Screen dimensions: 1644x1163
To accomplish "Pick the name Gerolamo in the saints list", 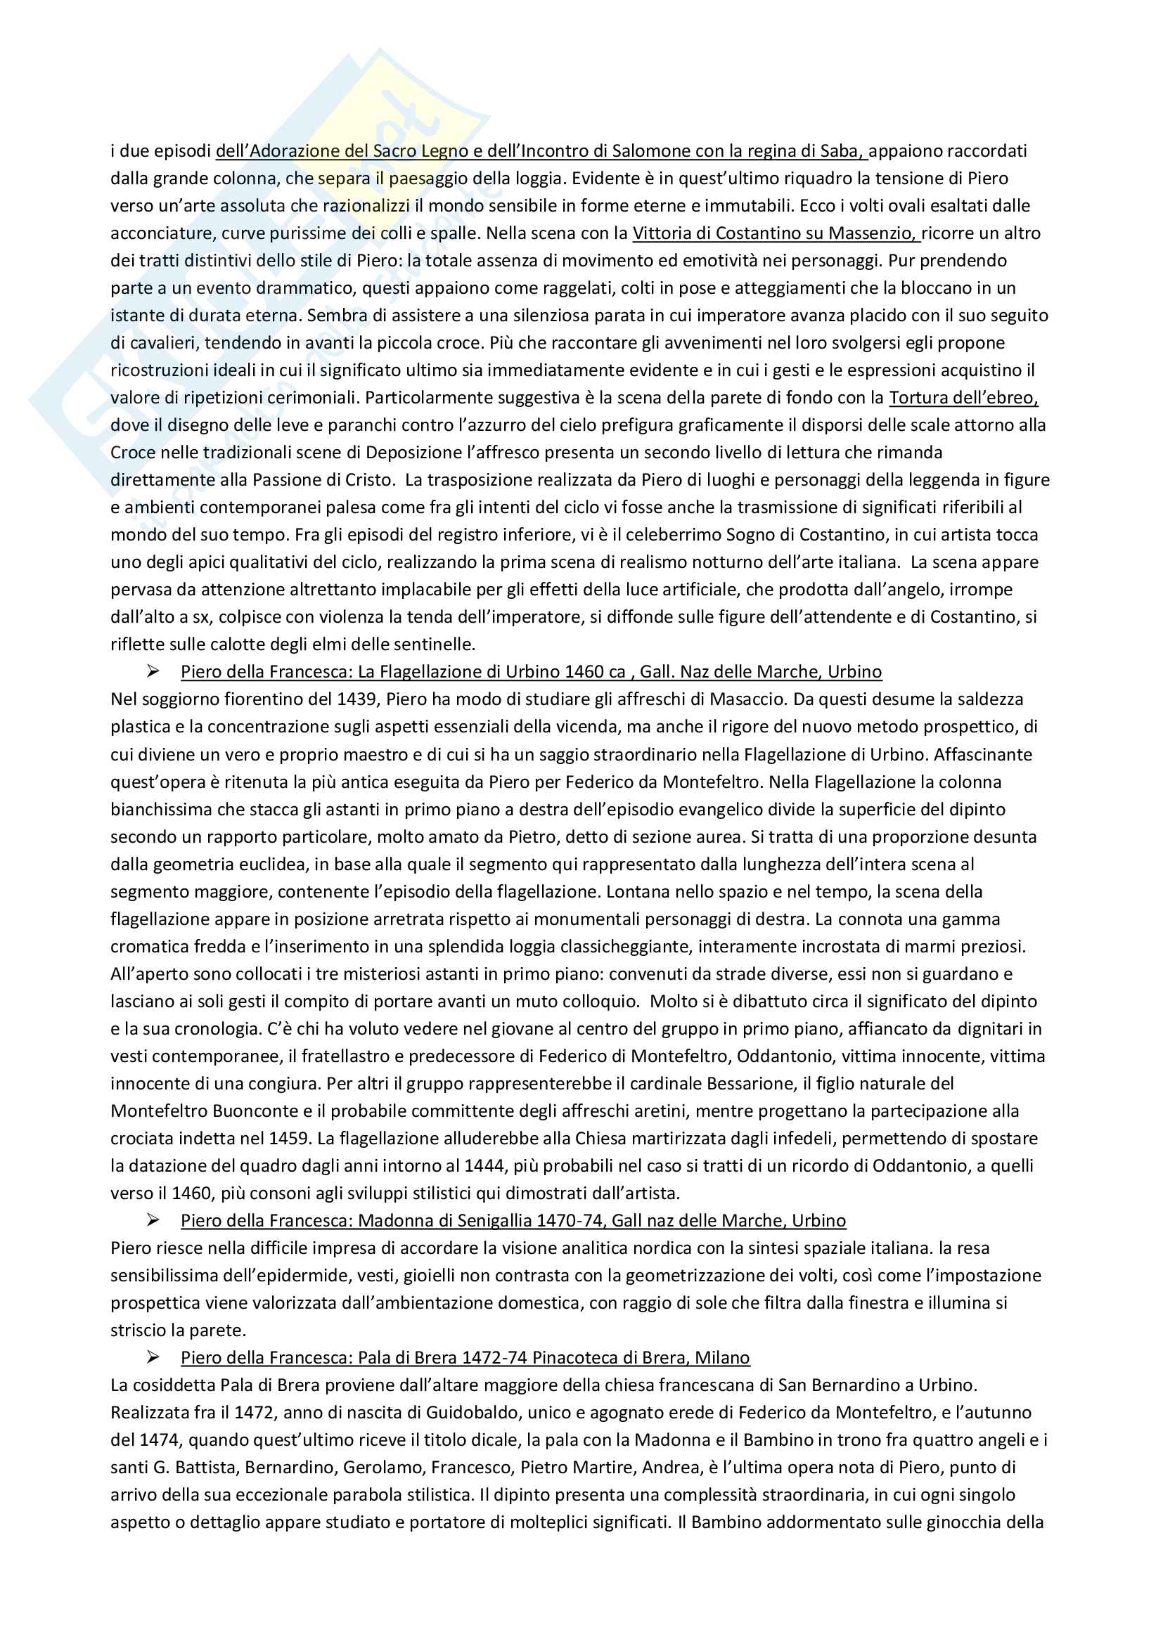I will pyautogui.click(x=383, y=1467).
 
